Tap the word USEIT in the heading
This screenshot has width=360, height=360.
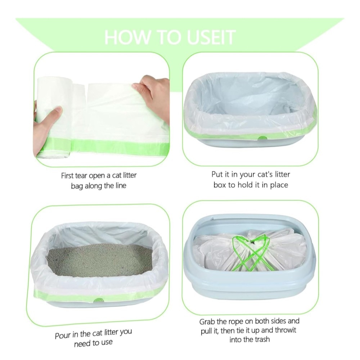tap(211, 37)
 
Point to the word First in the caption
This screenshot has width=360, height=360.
tap(68, 176)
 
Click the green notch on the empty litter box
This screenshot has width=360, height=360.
tap(262, 138)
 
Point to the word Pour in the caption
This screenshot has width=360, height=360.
tap(63, 336)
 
